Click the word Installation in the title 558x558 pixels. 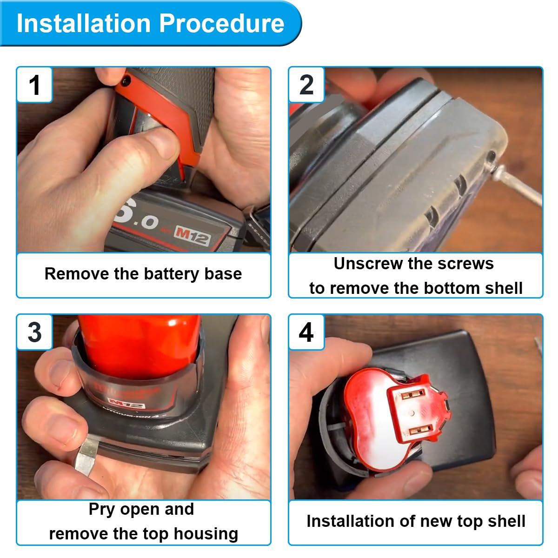(83, 23)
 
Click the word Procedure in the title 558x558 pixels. (222, 23)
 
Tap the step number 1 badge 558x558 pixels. (35, 85)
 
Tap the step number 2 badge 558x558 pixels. (306, 85)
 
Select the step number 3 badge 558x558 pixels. (35, 332)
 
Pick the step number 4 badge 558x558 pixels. (306, 332)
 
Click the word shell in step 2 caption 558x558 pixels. (504, 288)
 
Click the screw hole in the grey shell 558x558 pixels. (491, 157)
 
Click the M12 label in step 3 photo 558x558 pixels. (126, 403)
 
